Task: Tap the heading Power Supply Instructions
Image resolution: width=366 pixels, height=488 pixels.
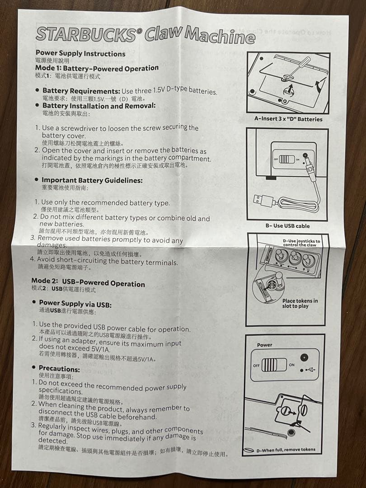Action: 80,53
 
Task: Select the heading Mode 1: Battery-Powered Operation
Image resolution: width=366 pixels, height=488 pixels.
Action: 97,68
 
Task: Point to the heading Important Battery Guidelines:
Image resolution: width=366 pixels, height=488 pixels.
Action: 92,180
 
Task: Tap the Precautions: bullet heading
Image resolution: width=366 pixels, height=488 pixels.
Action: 59,368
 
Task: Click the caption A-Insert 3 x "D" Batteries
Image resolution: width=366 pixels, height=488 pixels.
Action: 288,119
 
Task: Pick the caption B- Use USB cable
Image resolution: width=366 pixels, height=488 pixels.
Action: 287,225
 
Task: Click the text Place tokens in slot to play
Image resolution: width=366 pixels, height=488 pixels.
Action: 300,303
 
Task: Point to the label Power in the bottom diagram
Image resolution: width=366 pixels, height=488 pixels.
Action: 265,345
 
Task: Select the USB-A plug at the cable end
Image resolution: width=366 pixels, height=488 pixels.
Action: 259,199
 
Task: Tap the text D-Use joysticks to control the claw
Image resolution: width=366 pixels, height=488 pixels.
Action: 301,243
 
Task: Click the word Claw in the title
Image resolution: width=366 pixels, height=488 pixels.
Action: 163,33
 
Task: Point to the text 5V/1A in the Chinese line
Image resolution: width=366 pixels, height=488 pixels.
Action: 143,359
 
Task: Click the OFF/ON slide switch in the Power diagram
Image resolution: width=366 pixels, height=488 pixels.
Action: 274,364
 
